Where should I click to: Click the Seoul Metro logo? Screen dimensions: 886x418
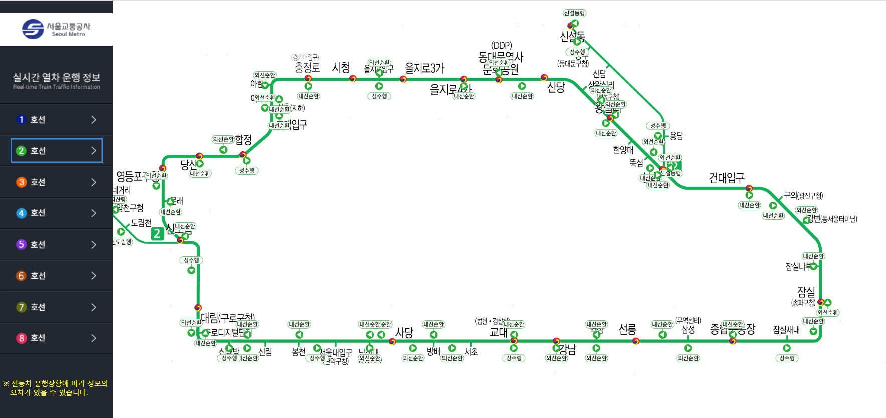(56, 29)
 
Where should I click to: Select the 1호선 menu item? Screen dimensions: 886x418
(56, 119)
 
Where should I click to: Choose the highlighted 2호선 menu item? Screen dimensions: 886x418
(56, 150)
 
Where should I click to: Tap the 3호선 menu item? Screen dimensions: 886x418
(56, 182)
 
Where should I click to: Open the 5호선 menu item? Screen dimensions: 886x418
(56, 244)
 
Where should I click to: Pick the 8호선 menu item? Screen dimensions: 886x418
(56, 338)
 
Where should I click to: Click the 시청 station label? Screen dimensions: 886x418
(341, 68)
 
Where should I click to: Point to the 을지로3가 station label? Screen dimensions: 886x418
(424, 68)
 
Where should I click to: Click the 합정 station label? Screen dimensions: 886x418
(243, 140)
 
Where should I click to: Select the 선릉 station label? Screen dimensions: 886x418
(627, 329)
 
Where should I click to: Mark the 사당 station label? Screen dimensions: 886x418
(404, 332)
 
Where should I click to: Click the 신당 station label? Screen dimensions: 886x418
(556, 87)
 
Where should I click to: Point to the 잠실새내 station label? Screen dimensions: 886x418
(786, 330)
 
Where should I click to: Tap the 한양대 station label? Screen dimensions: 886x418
(623, 150)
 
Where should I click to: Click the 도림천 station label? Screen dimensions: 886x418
(141, 223)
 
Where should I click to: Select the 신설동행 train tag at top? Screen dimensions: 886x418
(574, 13)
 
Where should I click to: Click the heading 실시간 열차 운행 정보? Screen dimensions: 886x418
(56, 78)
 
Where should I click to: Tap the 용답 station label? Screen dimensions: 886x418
(676, 136)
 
